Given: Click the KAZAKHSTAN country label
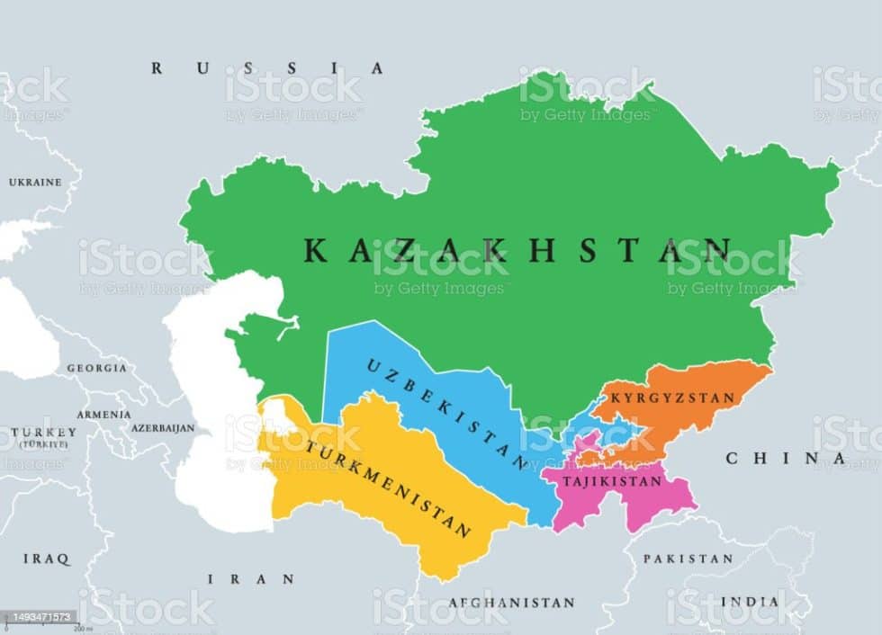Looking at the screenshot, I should [x=517, y=251].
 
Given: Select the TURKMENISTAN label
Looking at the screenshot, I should [x=388, y=487].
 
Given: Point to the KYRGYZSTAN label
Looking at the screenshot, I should [x=672, y=398].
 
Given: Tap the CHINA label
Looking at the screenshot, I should [x=786, y=459].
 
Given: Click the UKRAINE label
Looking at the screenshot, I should [x=35, y=183].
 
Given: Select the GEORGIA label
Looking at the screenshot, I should [x=96, y=368].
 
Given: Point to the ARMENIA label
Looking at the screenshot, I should [x=103, y=415].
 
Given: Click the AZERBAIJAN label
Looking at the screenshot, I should [x=163, y=428].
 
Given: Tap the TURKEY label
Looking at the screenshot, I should [x=40, y=433].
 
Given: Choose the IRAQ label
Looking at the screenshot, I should [x=46, y=559].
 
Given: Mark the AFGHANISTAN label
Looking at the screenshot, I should [x=511, y=603].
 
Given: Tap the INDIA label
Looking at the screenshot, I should [x=749, y=601].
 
